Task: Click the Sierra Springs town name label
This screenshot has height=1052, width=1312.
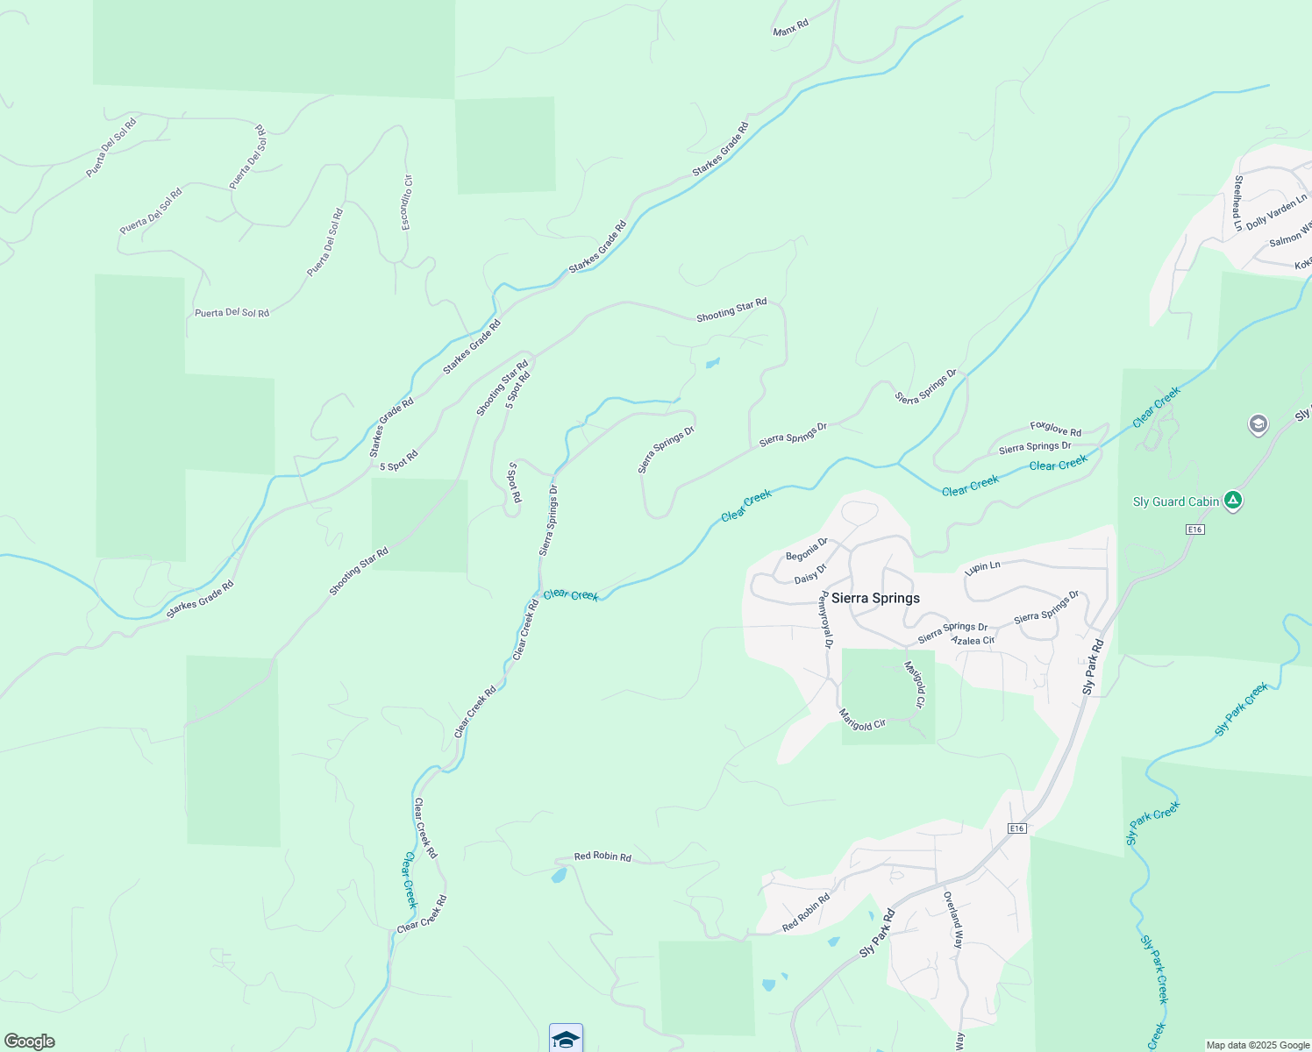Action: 875,598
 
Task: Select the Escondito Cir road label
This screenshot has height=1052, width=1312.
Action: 407,203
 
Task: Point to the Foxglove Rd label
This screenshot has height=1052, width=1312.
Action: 1056,429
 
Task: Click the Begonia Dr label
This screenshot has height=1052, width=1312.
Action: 806,551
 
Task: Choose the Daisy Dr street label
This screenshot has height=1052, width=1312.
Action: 810,574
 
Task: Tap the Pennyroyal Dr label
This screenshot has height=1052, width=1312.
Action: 824,620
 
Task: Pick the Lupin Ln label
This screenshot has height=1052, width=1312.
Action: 982,567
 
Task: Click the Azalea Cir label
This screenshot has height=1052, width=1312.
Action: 973,641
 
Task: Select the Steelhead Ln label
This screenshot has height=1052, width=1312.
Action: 1238,203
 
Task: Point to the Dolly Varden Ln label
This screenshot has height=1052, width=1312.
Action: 1276,211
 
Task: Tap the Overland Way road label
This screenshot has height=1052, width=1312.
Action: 953,920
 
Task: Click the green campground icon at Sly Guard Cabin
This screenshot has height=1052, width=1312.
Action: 1234,501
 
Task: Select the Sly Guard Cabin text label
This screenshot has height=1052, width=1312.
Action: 1176,502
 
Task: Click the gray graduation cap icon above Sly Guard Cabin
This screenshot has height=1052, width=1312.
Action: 1258,425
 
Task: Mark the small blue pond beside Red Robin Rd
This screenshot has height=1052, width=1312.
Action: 558,875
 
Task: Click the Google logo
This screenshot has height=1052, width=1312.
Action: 29,1041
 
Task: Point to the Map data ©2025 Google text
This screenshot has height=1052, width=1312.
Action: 1258,1045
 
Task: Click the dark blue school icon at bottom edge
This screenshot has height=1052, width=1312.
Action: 566,1040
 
